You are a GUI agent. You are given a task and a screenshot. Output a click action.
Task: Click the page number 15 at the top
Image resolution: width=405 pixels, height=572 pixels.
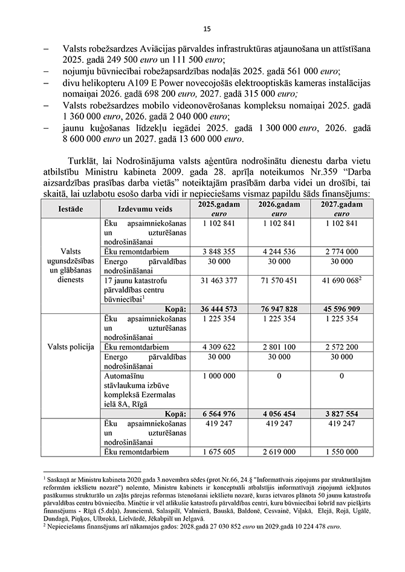coord(206,28)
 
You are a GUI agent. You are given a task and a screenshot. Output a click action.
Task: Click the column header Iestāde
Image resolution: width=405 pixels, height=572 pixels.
coord(71,209)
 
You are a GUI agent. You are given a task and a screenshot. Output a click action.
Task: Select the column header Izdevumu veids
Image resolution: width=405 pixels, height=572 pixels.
coord(144,209)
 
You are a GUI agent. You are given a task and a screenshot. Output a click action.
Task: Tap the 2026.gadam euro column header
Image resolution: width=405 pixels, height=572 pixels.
coord(279,209)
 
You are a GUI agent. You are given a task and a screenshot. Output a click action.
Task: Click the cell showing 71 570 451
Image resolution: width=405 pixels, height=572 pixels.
coord(279,281)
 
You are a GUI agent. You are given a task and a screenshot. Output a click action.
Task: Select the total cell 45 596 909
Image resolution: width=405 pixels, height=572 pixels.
coord(343,308)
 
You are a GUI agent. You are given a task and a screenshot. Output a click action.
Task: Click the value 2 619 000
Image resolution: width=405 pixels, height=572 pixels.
coord(279,451)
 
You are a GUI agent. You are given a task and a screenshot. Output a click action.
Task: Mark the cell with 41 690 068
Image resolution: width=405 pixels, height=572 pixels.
coord(340,281)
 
